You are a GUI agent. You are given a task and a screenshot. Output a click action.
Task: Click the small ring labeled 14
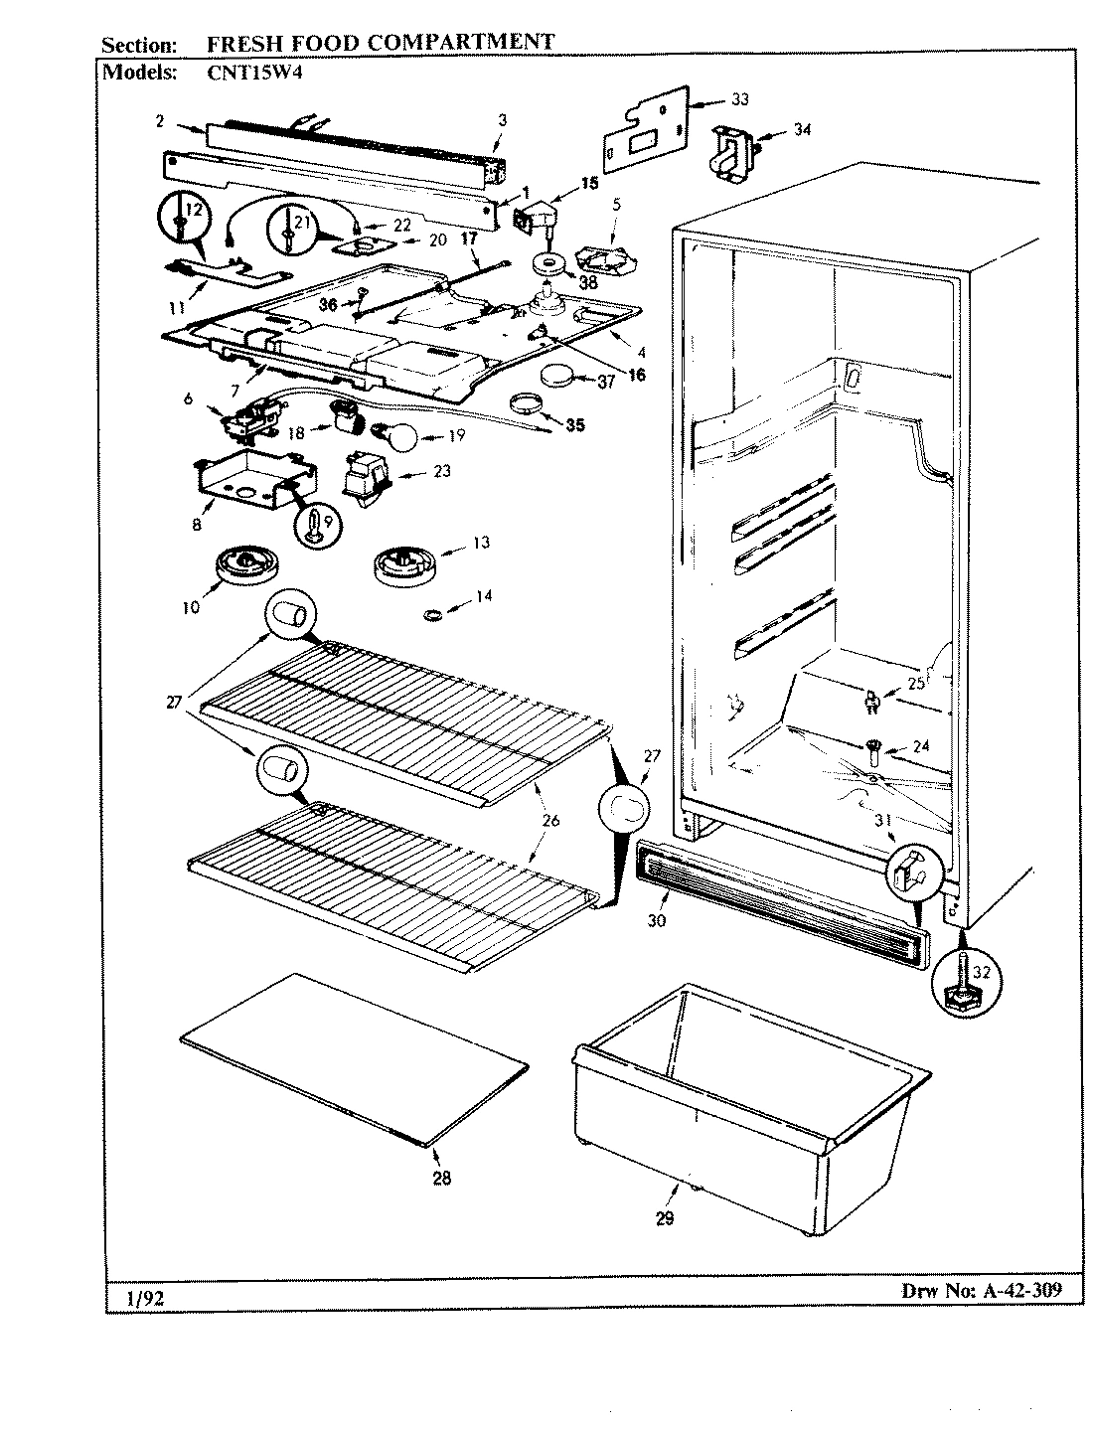coord(432,617)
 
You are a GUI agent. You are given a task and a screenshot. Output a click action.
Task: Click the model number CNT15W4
coord(245,71)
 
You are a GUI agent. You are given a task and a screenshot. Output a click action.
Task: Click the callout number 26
coord(550,820)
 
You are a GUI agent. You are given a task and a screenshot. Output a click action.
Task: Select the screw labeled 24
coord(871,745)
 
